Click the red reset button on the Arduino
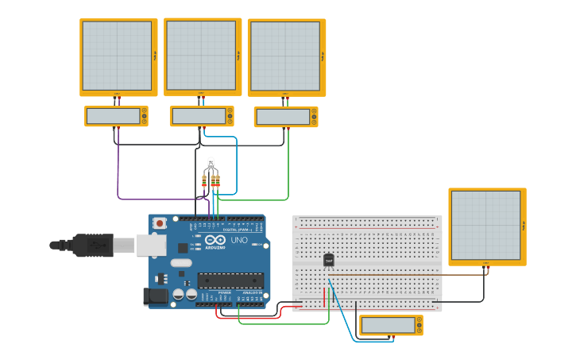click(160, 223)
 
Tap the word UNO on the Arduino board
click(239, 240)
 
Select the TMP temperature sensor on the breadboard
click(328, 260)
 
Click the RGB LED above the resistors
click(211, 163)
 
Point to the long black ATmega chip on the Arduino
click(230, 280)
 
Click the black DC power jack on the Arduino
click(155, 297)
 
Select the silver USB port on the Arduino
click(150, 245)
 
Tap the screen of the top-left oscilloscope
click(117, 56)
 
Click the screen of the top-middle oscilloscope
click(201, 55)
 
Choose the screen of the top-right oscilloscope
click(285, 56)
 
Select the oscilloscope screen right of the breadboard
click(485, 225)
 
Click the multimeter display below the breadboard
click(388, 325)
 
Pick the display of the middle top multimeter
click(198, 116)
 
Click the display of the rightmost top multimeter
click(282, 117)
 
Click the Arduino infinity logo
click(215, 240)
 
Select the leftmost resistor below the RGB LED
click(204, 181)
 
